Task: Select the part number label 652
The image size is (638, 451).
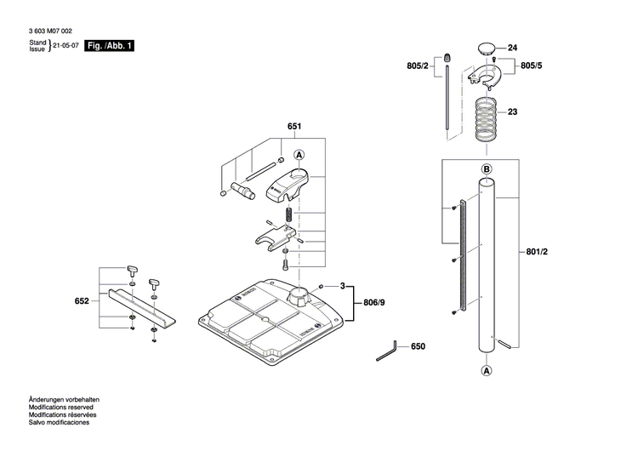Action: (82, 301)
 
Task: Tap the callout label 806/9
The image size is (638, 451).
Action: (374, 300)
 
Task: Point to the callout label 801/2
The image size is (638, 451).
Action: (538, 252)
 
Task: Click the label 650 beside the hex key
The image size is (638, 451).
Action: (418, 347)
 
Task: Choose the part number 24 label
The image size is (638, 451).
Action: (512, 49)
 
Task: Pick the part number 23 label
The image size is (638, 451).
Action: (512, 111)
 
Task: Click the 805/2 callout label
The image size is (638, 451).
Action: (419, 66)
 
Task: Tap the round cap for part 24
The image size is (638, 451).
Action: (486, 48)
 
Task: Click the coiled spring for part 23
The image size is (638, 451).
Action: (486, 118)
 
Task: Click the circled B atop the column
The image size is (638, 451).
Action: (487, 170)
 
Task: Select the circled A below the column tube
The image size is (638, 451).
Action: (487, 371)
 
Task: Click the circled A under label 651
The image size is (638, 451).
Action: (299, 155)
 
